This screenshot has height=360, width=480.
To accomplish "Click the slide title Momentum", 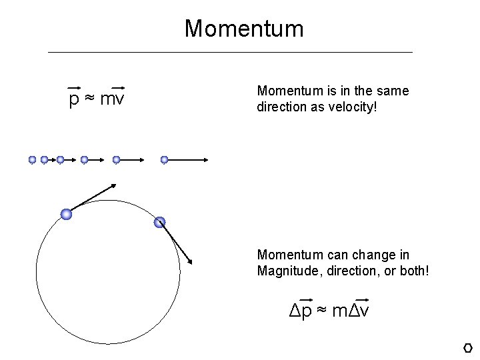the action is click(x=244, y=29).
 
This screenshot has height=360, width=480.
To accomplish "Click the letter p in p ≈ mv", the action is click(x=74, y=100).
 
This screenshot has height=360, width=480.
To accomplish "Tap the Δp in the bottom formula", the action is click(x=301, y=310).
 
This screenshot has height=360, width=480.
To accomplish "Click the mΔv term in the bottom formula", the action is click(x=354, y=310).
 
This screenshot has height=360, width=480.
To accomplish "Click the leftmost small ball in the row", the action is click(x=32, y=160).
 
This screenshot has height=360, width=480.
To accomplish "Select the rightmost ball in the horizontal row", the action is click(x=165, y=160).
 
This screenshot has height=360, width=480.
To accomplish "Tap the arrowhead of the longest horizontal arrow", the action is click(x=209, y=160).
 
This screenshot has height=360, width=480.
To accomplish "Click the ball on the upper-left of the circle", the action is click(x=66, y=214).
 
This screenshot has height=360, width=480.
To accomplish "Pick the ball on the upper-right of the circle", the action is click(x=159, y=223).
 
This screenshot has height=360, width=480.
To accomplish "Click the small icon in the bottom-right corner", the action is click(x=467, y=347).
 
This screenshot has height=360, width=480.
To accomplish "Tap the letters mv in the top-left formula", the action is click(x=115, y=100).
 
